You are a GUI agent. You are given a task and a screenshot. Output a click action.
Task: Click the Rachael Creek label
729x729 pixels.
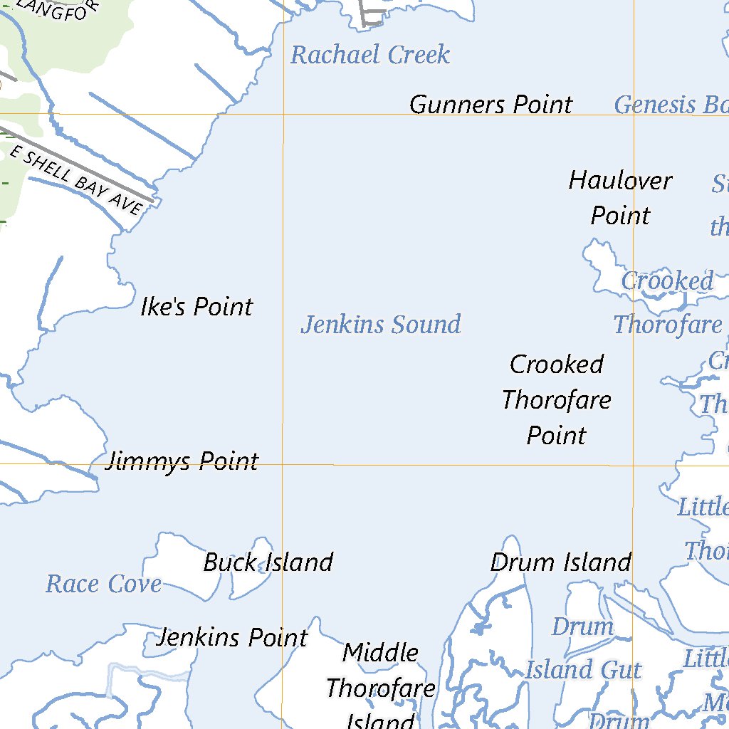(370, 55)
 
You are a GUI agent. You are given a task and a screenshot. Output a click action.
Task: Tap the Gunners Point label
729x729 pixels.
(491, 105)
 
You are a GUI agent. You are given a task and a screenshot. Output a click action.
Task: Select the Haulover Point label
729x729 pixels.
(620, 198)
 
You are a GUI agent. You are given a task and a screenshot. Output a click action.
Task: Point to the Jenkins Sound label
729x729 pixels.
(381, 325)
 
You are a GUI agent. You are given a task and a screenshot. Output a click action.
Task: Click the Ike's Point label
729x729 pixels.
(196, 307)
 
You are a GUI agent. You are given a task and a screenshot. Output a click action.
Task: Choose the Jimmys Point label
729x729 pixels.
(182, 461)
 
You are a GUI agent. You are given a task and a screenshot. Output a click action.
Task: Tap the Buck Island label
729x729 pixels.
(268, 562)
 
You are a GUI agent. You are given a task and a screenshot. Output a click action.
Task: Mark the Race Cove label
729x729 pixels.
(103, 584)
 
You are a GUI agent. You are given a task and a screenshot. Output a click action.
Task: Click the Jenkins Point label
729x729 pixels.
(232, 637)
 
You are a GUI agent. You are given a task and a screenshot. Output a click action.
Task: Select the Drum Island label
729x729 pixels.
(560, 562)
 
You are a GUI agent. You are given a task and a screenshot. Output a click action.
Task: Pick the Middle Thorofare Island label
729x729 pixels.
(380, 688)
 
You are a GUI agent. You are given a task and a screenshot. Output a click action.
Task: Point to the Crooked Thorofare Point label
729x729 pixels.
(556, 399)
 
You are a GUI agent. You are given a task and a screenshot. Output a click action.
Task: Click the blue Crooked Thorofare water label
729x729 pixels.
(667, 303)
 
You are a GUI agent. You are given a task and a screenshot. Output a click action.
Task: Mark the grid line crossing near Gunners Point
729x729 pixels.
(284, 114)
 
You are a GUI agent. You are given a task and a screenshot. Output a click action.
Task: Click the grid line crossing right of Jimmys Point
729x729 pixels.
(284, 464)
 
